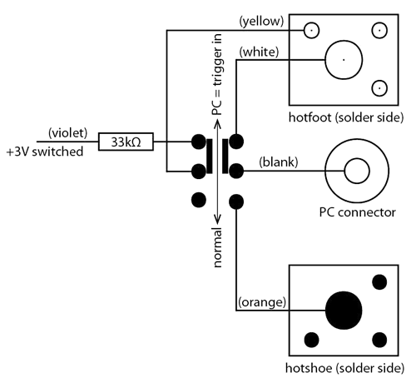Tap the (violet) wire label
coord(68,133)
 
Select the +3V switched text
coord(45,152)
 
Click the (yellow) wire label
coord(261,22)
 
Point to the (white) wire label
coord(259,52)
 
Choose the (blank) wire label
coord(279,162)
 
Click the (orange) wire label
coord(262,302)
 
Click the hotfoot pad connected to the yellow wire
coord(311,30)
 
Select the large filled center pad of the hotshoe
coord(344,311)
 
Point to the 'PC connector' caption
coord(357,212)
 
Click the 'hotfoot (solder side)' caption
coord(346,117)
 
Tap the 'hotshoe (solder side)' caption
coord(344,368)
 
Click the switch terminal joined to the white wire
coord(236,142)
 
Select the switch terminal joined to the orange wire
coord(236,201)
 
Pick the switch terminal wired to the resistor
coord(199,142)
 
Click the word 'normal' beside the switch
coord(218,247)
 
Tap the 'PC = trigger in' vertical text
coord(217,74)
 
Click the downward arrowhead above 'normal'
coord(218,221)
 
